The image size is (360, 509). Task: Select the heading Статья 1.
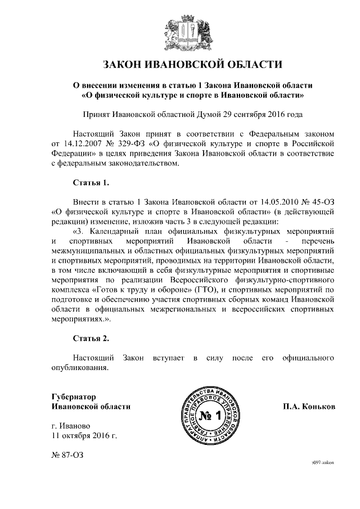click(x=91, y=183)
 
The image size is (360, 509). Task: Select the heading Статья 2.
click(x=91, y=338)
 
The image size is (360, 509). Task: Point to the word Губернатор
click(x=73, y=396)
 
